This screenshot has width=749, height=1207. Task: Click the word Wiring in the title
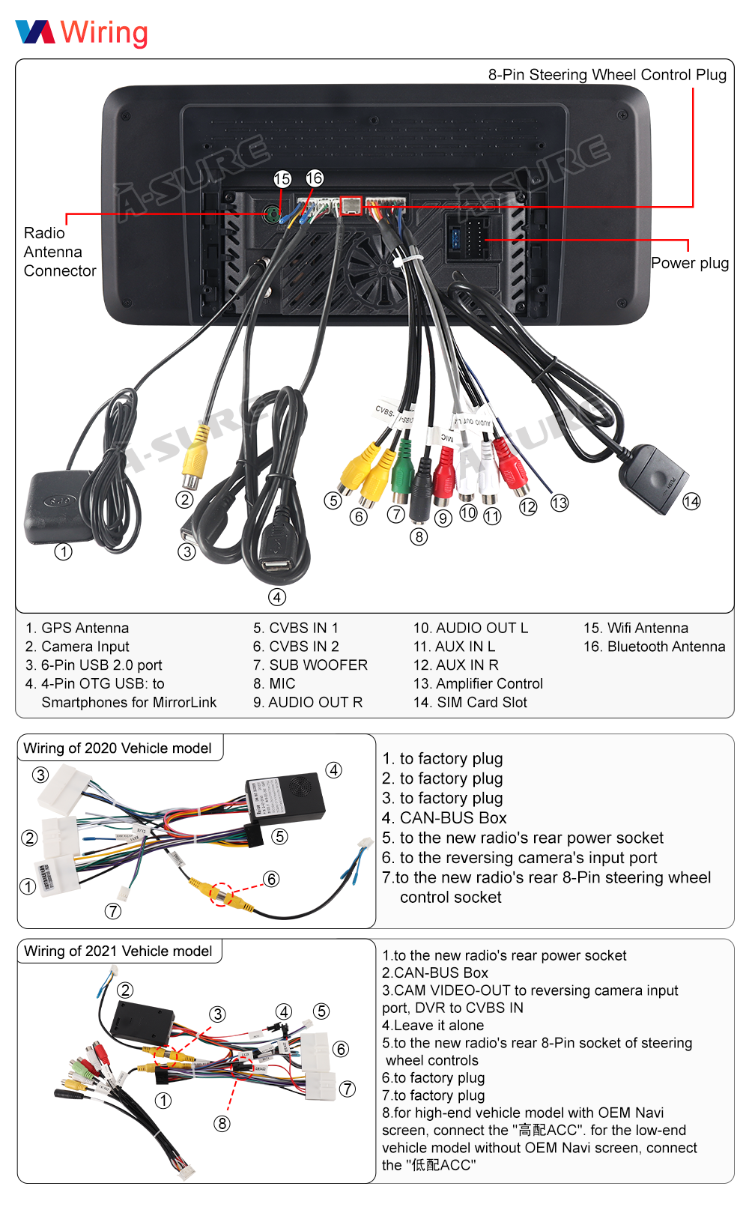(x=104, y=33)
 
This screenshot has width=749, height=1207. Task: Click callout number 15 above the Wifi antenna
(x=282, y=179)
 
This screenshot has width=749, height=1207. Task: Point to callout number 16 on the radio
(x=315, y=178)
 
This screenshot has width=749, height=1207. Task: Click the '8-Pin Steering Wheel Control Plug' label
(x=607, y=75)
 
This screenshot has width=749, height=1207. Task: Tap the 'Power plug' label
(x=689, y=263)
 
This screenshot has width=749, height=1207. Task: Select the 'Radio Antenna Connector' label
(x=59, y=252)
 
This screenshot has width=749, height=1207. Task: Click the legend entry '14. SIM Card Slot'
(x=470, y=702)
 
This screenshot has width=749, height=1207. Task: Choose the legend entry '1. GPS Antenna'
(x=77, y=628)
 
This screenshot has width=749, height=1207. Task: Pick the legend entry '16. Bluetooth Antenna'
(x=654, y=647)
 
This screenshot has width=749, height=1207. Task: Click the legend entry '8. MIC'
(x=274, y=683)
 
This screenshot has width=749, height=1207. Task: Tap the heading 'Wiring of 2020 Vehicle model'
(x=118, y=748)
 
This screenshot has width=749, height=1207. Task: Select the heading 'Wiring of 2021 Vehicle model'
(x=118, y=951)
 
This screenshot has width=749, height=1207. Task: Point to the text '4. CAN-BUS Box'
(x=444, y=817)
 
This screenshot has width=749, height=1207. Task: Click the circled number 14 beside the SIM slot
(x=691, y=501)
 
